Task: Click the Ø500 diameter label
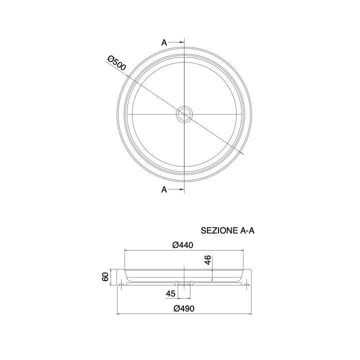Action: (x=116, y=63)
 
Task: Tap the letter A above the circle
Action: (x=164, y=42)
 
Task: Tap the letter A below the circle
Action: (x=164, y=189)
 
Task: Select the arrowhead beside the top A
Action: (x=182, y=42)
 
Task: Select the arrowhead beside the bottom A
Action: (x=182, y=189)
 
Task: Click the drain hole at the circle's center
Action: (x=184, y=114)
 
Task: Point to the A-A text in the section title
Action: (x=247, y=230)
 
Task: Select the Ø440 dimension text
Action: (x=183, y=245)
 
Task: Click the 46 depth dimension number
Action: (x=208, y=260)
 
